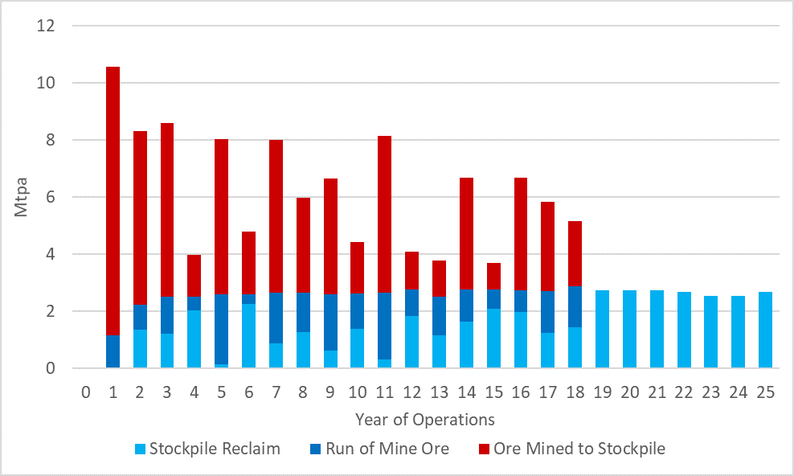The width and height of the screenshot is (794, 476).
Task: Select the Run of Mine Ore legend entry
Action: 379,449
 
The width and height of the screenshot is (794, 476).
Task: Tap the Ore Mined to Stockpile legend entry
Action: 569,449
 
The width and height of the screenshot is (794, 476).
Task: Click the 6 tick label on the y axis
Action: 49,197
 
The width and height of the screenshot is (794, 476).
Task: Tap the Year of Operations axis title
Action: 425,419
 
